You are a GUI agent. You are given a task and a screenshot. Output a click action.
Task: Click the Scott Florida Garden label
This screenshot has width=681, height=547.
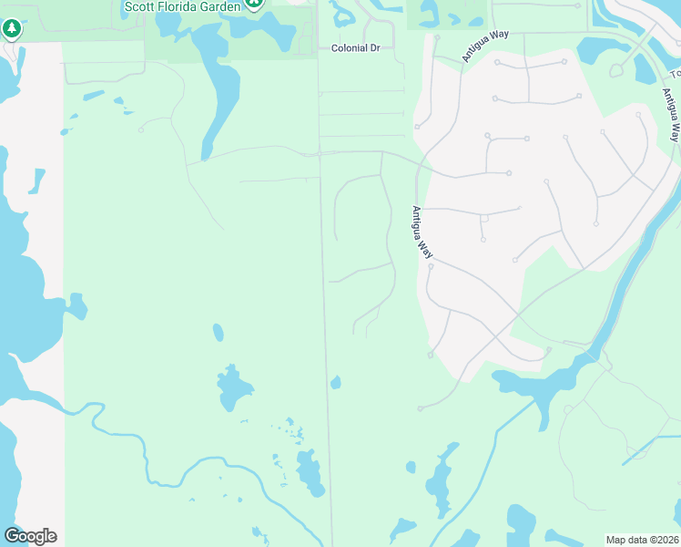pyautogui.click(x=182, y=6)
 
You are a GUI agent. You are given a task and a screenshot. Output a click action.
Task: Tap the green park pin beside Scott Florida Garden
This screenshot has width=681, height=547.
pyautogui.click(x=256, y=4)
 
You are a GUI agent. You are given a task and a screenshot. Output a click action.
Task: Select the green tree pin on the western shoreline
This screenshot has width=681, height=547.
pyautogui.click(x=12, y=31)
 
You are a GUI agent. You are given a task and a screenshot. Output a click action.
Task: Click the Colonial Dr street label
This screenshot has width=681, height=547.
pyautogui.click(x=355, y=47)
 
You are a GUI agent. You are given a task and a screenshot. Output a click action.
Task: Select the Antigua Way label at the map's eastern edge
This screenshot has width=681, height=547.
pyautogui.click(x=670, y=115)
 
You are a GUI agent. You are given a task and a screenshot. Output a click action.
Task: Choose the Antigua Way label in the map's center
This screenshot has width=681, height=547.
pyautogui.click(x=421, y=233)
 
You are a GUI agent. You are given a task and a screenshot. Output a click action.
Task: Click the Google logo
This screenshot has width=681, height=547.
pyautogui.click(x=30, y=536)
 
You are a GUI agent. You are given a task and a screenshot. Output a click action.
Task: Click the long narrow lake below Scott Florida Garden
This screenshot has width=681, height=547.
pyautogui.click(x=220, y=91)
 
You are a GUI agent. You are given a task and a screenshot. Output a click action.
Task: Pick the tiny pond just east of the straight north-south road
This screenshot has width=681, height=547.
pyautogui.click(x=335, y=383)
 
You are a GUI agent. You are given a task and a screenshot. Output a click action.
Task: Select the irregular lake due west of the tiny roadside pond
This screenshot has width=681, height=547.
pyautogui.click(x=234, y=387)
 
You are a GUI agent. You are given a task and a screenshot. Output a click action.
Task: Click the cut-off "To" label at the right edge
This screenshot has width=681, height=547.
pyautogui.click(x=676, y=73)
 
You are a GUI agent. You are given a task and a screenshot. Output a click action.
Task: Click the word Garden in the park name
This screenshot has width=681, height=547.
pyautogui.click(x=219, y=6)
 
